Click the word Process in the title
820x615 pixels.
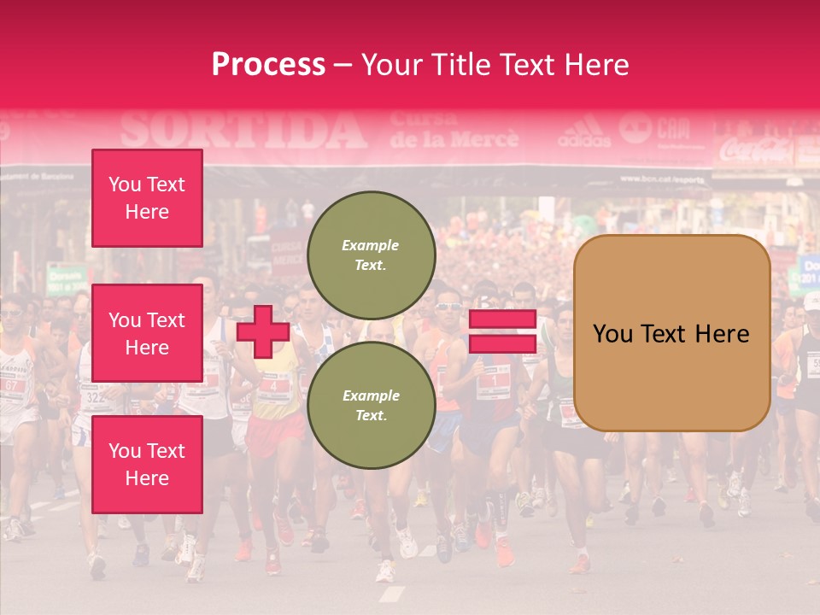pyautogui.click(x=268, y=65)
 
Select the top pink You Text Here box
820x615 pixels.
pyautogui.click(x=147, y=198)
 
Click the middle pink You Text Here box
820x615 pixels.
pyautogui.click(x=147, y=333)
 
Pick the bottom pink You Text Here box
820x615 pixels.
pyautogui.click(x=147, y=464)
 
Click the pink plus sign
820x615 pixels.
pyautogui.click(x=263, y=331)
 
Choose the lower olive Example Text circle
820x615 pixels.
pyautogui.click(x=371, y=406)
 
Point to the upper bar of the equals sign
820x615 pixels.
pyautogui.click(x=502, y=319)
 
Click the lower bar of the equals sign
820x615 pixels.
pyautogui.click(x=502, y=343)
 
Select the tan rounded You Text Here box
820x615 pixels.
pyautogui.click(x=671, y=333)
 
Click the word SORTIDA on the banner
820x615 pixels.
pyautogui.click(x=243, y=131)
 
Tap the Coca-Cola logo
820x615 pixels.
pyautogui.click(x=755, y=151)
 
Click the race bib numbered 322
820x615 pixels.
pyautogui.click(x=94, y=397)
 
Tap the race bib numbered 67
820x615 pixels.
pyautogui.click(x=12, y=384)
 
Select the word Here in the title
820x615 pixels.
pyautogui.click(x=595, y=65)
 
